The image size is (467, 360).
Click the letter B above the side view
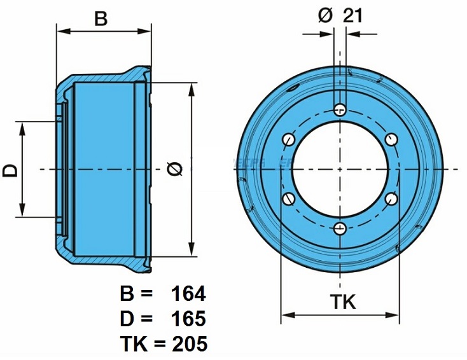[x=101, y=18]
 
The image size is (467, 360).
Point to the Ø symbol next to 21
[x=324, y=16]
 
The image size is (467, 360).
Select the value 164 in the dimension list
[x=188, y=294]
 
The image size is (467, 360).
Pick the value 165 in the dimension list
[x=188, y=319]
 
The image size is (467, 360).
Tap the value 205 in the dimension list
[x=188, y=344]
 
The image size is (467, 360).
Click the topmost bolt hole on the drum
[x=340, y=110]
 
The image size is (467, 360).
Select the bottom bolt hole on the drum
[x=340, y=228]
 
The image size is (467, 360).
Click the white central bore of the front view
[x=340, y=169]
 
